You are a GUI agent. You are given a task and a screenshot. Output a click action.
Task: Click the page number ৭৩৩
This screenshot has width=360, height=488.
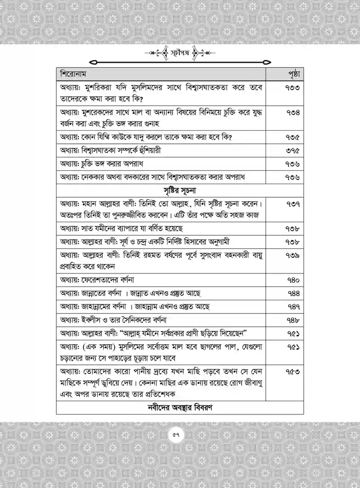[x=292, y=88]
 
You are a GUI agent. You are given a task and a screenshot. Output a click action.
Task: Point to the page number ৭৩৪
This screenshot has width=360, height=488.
[x=292, y=112]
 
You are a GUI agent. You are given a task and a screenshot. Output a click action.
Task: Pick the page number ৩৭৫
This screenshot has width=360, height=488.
[x=292, y=151]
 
